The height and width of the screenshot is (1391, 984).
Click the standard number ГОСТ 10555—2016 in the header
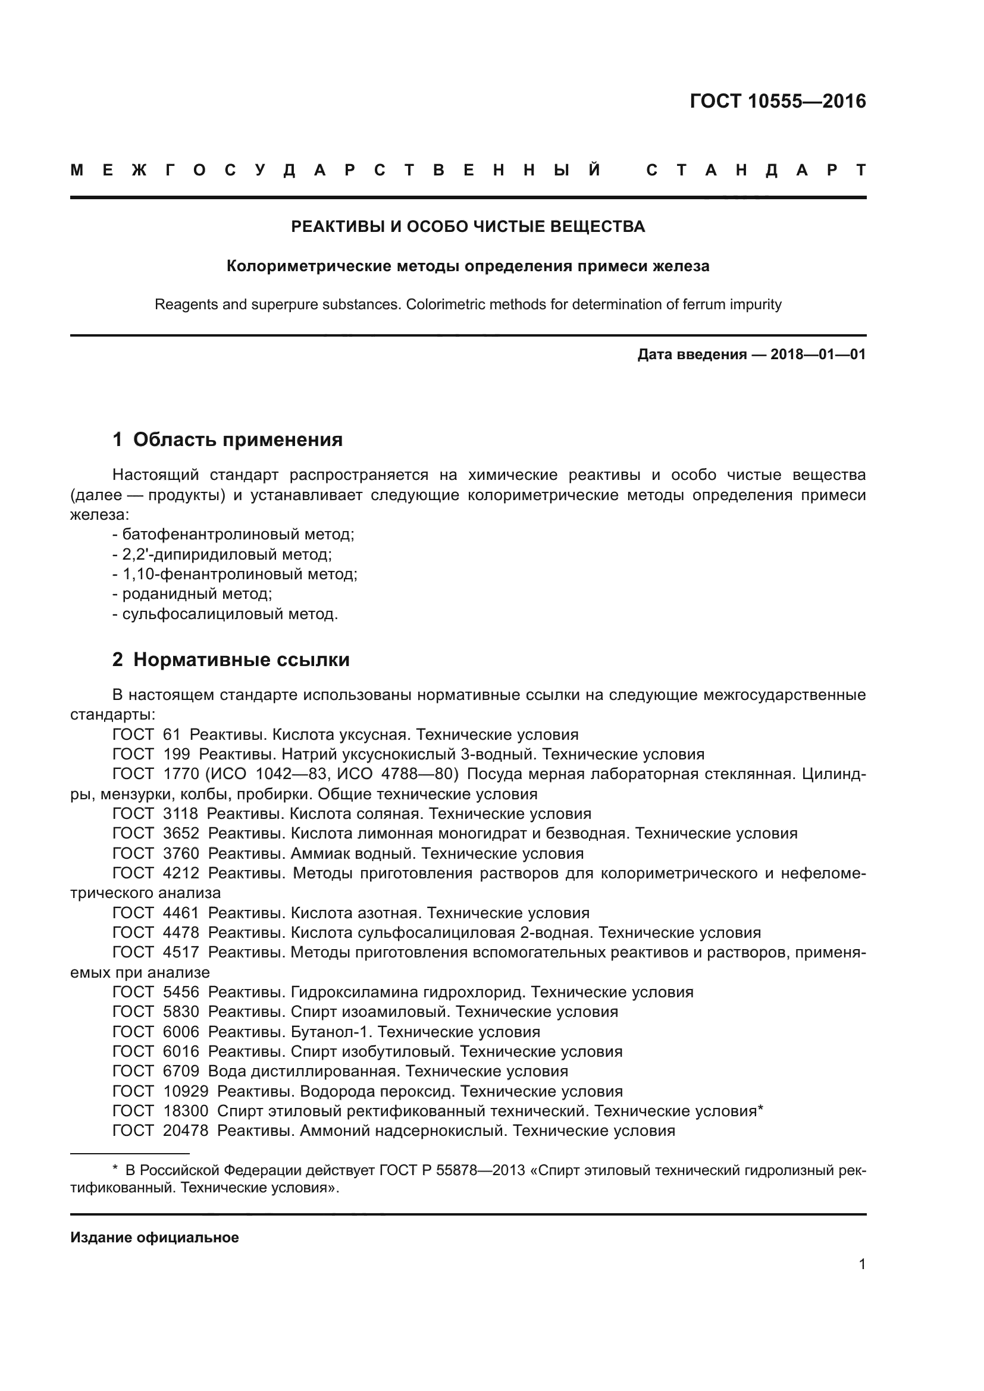tap(778, 101)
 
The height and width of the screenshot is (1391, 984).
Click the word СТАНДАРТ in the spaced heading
tap(756, 170)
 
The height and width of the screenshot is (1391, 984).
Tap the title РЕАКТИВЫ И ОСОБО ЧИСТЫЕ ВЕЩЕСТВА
tap(468, 227)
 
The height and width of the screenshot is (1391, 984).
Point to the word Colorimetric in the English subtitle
tap(446, 304)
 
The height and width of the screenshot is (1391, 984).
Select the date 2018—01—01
tap(818, 354)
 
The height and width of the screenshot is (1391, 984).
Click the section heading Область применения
tap(237, 439)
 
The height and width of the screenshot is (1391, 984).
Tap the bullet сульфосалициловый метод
tap(230, 614)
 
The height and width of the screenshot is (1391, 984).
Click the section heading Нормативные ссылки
tap(241, 659)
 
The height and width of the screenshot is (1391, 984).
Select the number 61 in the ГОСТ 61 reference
tap(171, 734)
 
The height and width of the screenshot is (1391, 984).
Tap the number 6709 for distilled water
tap(181, 1070)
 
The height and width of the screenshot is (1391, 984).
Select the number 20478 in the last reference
tap(186, 1130)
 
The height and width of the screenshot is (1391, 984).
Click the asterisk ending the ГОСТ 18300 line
tap(760, 1109)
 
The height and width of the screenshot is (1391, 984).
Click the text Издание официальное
tap(155, 1237)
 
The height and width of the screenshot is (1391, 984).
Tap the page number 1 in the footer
tap(861, 1264)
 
